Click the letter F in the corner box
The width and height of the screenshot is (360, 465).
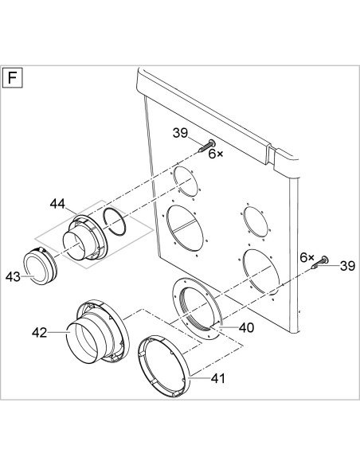pyautogui.click(x=12, y=78)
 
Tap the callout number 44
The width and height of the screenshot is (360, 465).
pyautogui.click(x=57, y=204)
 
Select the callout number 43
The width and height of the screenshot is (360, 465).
pyautogui.click(x=14, y=277)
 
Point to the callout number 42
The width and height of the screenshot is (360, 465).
pyautogui.click(x=40, y=333)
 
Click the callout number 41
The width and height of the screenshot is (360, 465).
pyautogui.click(x=218, y=378)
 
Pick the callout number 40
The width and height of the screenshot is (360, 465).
pyautogui.click(x=246, y=328)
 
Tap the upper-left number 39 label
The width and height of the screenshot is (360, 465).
pyautogui.click(x=181, y=133)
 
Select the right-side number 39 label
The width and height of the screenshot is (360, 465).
pyautogui.click(x=347, y=266)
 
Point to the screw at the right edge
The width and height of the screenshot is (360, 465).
pyautogui.click(x=320, y=263)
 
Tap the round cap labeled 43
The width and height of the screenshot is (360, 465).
pyautogui.click(x=40, y=265)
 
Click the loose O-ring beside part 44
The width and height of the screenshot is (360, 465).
pyautogui.click(x=114, y=222)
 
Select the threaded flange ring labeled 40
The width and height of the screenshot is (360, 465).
pyautogui.click(x=197, y=309)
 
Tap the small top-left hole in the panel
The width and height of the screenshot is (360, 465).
pyautogui.click(x=186, y=182)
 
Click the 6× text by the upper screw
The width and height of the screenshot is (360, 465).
pyautogui.click(x=216, y=154)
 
